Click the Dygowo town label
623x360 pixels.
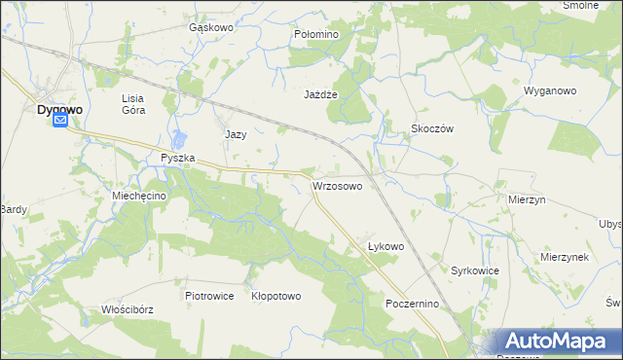point(58,109)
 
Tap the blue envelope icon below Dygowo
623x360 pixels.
point(60,121)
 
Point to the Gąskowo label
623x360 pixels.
point(210,28)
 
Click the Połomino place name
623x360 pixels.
point(315,34)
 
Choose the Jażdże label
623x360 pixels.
point(320,95)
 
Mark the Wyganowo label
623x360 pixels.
point(551,90)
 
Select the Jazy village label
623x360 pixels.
point(236,134)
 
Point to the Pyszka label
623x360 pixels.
point(178,158)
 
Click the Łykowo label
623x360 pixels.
point(385,246)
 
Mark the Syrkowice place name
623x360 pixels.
point(475,270)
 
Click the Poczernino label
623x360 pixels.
point(414,304)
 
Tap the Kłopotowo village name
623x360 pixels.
point(275,296)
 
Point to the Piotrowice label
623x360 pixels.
point(209,296)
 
